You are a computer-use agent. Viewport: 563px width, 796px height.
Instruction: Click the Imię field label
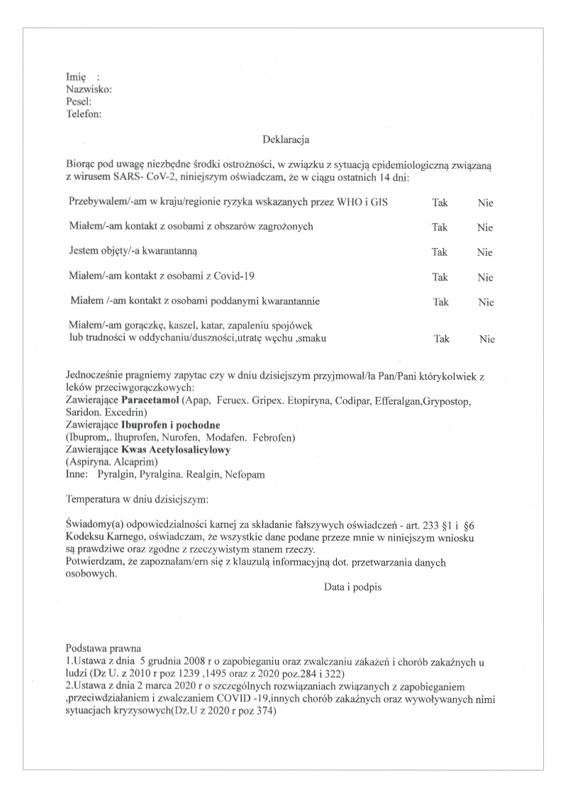coord(76,77)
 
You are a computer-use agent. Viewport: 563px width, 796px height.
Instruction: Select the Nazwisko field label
coord(88,89)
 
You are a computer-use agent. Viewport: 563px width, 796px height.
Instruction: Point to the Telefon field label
coord(84,113)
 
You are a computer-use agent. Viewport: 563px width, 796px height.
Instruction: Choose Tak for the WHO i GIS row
coord(440,203)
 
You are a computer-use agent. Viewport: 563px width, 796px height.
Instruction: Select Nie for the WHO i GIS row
coord(485,203)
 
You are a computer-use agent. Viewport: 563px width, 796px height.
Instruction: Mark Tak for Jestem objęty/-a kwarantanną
coord(440,252)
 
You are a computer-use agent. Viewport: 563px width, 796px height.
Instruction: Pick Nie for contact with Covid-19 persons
coord(485,277)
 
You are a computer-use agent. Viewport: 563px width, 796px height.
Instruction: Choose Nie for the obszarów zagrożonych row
coord(485,228)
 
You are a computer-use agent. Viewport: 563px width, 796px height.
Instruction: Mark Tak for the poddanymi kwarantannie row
coord(441,302)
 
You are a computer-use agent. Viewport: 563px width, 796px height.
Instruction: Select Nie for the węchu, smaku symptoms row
coord(486,339)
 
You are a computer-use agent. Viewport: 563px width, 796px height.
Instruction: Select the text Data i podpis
coord(353,588)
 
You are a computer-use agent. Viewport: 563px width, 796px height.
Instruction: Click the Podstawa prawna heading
coord(103,648)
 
